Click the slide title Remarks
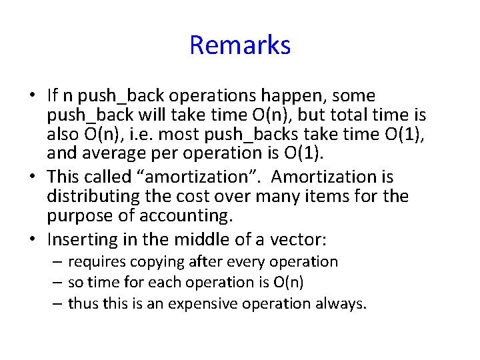point(240,45)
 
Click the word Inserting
point(83,238)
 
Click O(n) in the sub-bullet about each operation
point(289,282)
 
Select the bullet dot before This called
point(33,177)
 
